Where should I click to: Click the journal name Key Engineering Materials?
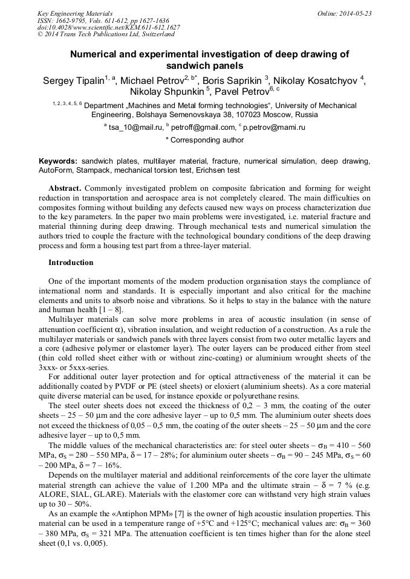pyautogui.click(x=74, y=13)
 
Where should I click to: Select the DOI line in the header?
pyautogui.click(x=109, y=28)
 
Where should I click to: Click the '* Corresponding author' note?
pyautogui.click(x=205, y=140)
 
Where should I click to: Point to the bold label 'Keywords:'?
pyautogui.click(x=58, y=162)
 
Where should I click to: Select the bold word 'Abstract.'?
pyautogui.click(x=68, y=188)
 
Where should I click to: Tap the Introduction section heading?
pyautogui.click(x=71, y=263)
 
